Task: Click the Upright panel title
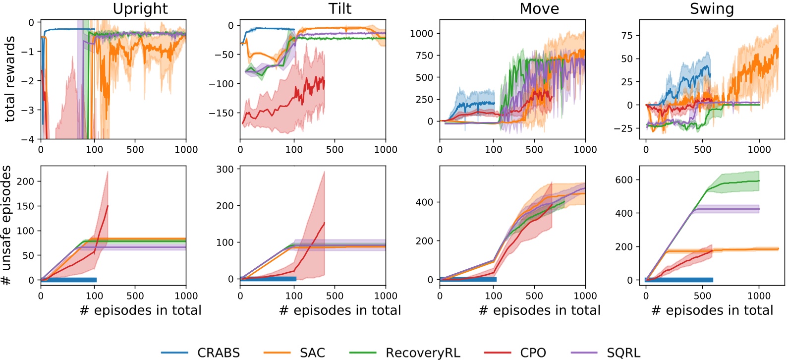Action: pyautogui.click(x=140, y=9)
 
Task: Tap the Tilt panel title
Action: pyautogui.click(x=340, y=9)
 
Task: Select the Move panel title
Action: pyautogui.click(x=539, y=9)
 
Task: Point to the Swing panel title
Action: pyautogui.click(x=712, y=9)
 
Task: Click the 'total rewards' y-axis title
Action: pyautogui.click(x=9, y=79)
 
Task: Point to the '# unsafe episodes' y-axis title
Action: pyautogui.click(x=6, y=225)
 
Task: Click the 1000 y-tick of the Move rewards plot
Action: pyautogui.click(x=421, y=34)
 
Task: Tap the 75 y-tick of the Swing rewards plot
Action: pyautogui.click(x=626, y=36)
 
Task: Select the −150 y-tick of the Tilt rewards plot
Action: pyautogui.click(x=221, y=113)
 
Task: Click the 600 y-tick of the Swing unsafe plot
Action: pyautogui.click(x=623, y=180)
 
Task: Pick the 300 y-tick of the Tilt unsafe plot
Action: pyautogui.click(x=225, y=170)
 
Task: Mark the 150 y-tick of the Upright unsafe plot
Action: pyautogui.click(x=25, y=206)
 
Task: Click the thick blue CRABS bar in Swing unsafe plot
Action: pyautogui.click(x=679, y=280)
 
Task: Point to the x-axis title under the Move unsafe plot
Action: pyautogui.click(x=539, y=310)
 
